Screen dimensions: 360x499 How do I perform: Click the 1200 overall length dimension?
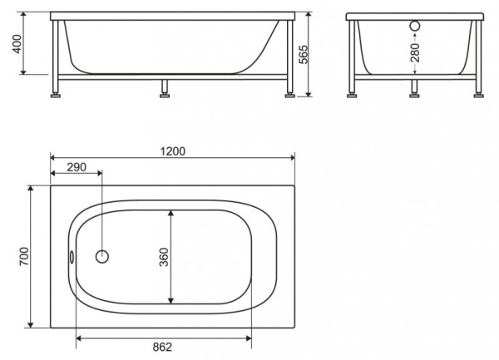pos(173,150)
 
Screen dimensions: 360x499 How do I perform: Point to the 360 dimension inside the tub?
pos(165,257)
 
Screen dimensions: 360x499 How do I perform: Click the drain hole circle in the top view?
pos(102,257)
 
